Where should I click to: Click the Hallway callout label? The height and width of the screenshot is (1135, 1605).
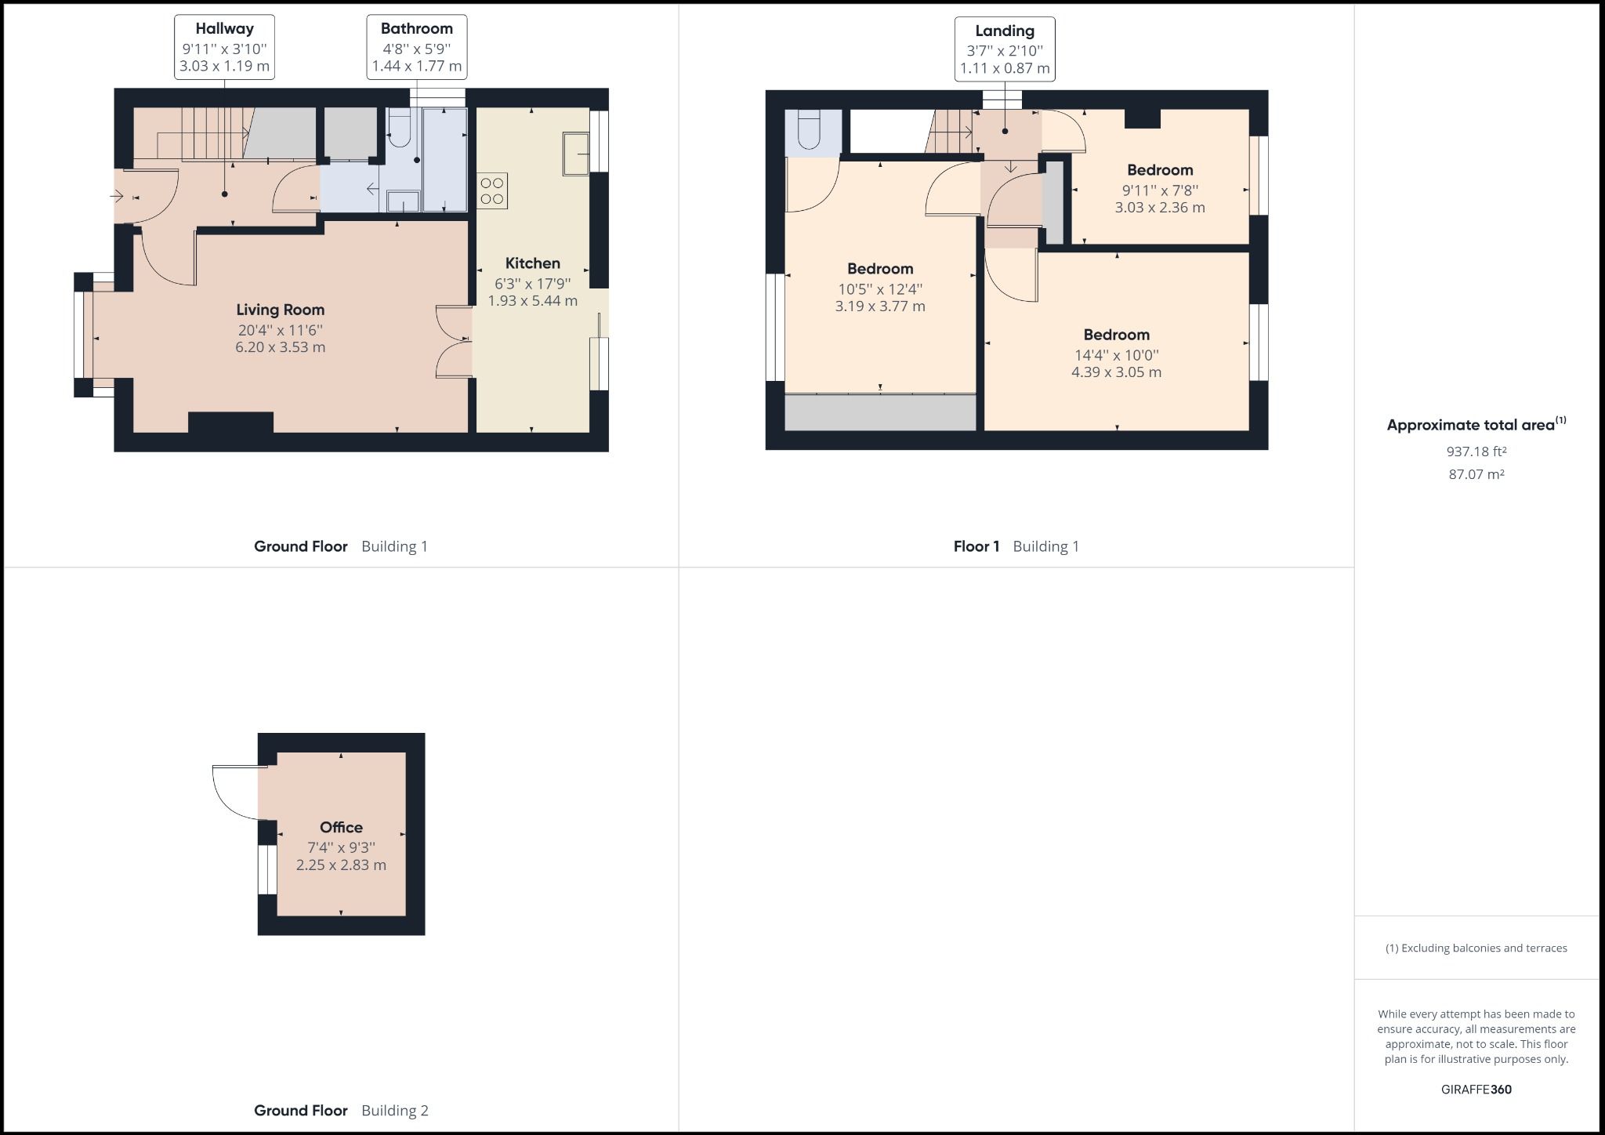pos(224,47)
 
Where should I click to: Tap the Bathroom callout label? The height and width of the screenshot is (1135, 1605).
pos(416,47)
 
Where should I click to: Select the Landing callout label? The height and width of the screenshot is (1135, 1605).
pos(1004,49)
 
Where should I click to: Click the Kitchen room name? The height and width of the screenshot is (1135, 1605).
pos(532,263)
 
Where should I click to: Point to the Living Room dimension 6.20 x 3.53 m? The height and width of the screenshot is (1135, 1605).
pos(280,347)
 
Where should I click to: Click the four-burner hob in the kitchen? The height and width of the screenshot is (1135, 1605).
pos(492,190)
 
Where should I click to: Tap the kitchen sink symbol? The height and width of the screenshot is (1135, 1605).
pos(575,154)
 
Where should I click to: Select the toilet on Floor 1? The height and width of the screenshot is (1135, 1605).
pos(808,131)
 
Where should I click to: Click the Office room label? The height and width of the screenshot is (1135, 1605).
pos(341,828)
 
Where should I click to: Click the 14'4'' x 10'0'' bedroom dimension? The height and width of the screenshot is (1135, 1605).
pos(1116,354)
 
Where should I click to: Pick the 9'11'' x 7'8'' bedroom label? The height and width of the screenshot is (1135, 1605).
pos(1160,170)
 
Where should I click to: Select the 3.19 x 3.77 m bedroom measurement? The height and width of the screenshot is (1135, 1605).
pos(879,306)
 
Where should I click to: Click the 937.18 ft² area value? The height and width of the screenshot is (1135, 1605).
pos(1476,451)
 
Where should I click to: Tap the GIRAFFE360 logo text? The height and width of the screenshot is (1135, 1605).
pos(1476,1089)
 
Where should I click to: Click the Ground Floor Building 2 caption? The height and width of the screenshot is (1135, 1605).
pos(341,1110)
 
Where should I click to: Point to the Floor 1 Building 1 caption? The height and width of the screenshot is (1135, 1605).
pos(1016,546)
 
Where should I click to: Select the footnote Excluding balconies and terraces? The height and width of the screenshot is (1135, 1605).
pos(1476,948)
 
